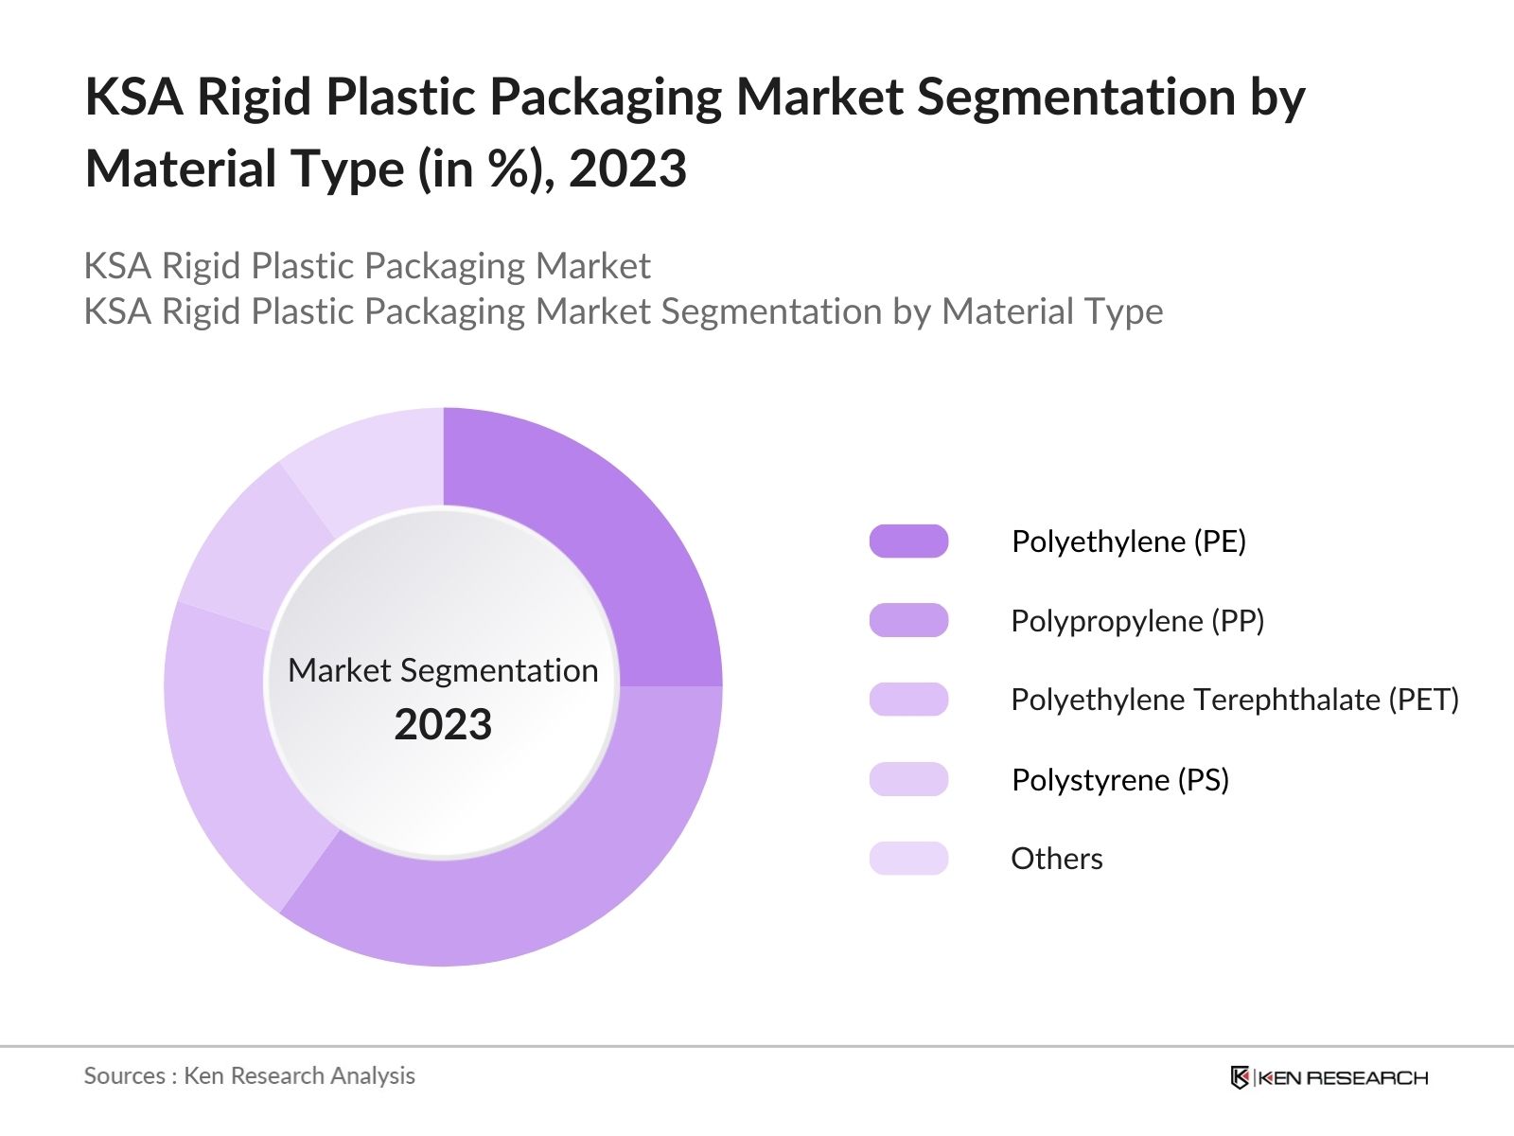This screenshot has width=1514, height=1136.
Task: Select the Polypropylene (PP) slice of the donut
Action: (x=549, y=871)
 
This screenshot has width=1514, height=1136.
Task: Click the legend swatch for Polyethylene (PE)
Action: (x=908, y=541)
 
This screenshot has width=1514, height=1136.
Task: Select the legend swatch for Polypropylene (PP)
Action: (x=908, y=620)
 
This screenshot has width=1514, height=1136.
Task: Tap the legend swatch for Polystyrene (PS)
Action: (x=908, y=779)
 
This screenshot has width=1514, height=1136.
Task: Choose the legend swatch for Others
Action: (x=908, y=858)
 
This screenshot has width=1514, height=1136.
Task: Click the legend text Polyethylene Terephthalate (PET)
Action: (x=1235, y=700)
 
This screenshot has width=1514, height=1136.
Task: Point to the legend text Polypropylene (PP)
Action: (x=1137, y=621)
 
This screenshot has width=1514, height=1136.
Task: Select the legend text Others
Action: (x=1057, y=859)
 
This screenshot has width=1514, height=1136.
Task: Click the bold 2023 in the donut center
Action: (x=443, y=725)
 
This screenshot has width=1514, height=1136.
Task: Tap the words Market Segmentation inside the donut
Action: (x=443, y=670)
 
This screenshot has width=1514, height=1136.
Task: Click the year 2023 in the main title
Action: (x=627, y=169)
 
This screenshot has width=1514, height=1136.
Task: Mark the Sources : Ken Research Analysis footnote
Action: (x=250, y=1075)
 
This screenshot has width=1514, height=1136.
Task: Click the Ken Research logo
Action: (x=1329, y=1077)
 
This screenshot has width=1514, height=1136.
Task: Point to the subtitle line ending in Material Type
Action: (x=624, y=311)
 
